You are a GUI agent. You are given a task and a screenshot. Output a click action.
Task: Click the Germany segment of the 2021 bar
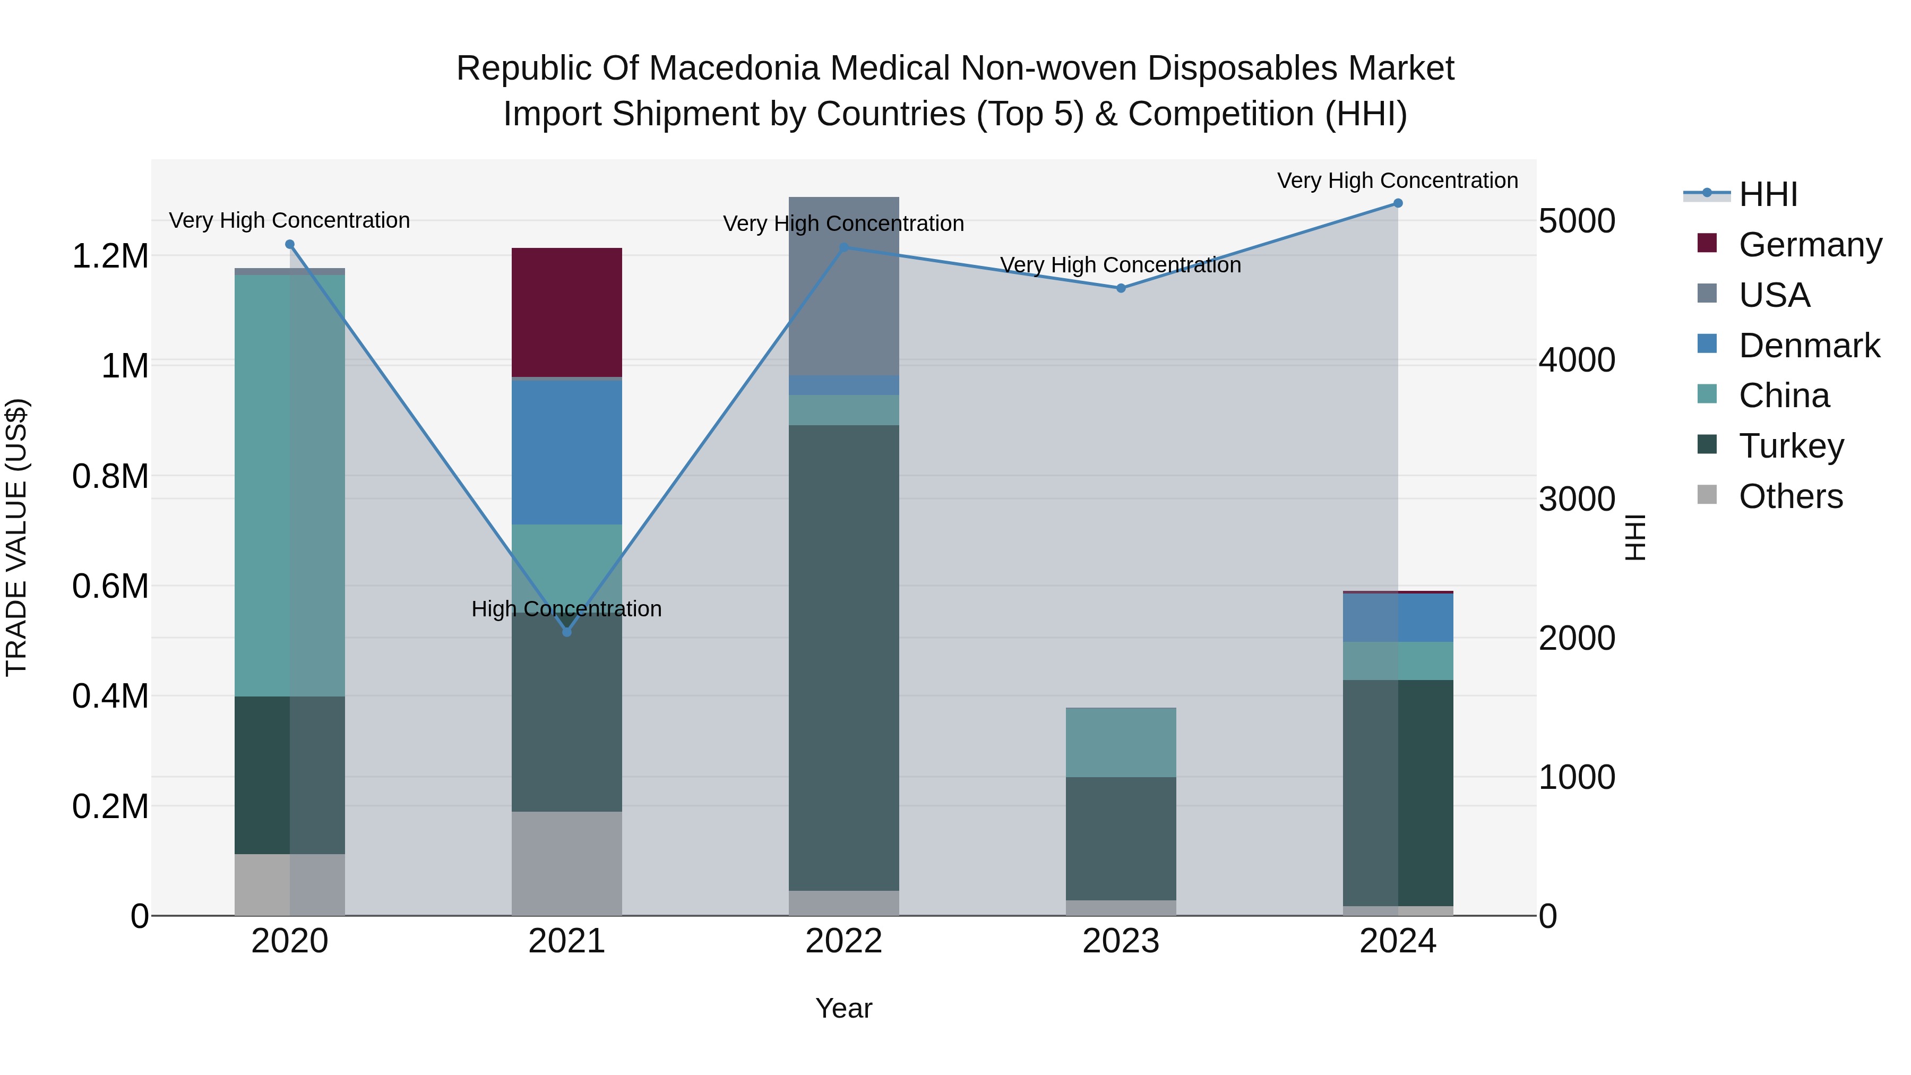point(567,312)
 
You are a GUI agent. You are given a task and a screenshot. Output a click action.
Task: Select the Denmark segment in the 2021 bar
point(567,452)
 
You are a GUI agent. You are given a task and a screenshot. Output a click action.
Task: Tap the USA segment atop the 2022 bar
point(843,286)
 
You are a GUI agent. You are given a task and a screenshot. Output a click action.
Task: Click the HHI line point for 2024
point(1398,203)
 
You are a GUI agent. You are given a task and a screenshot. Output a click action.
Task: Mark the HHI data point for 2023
point(1121,288)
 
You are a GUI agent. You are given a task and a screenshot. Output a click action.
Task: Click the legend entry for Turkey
point(1791,446)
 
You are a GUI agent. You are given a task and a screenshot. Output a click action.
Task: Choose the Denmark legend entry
point(1809,346)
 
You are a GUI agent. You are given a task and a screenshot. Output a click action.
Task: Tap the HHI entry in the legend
point(1768,194)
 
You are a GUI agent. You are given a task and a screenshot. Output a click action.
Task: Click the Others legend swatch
point(1707,495)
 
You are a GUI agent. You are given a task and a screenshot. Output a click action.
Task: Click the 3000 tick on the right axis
point(1577,500)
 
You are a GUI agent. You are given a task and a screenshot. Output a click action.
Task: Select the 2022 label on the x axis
point(843,941)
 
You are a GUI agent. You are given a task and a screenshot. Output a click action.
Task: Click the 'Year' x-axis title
point(843,1008)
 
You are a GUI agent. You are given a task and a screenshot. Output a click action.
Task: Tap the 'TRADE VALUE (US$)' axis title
point(16,537)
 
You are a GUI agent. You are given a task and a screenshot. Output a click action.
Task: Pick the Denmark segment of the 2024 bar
point(1398,617)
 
